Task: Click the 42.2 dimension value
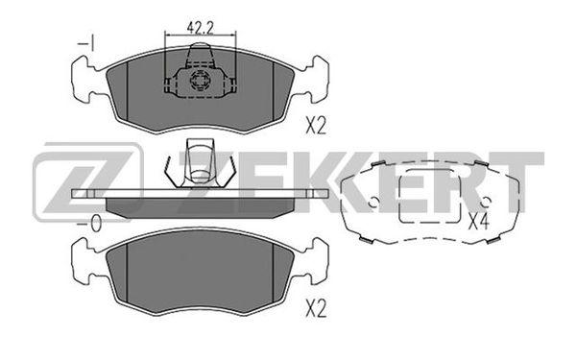click(201, 27)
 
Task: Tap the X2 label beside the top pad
click(316, 126)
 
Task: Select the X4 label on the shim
click(478, 222)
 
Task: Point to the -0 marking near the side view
click(89, 223)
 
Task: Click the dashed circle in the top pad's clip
click(199, 80)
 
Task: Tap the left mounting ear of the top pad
click(85, 79)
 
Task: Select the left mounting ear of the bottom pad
click(85, 261)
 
